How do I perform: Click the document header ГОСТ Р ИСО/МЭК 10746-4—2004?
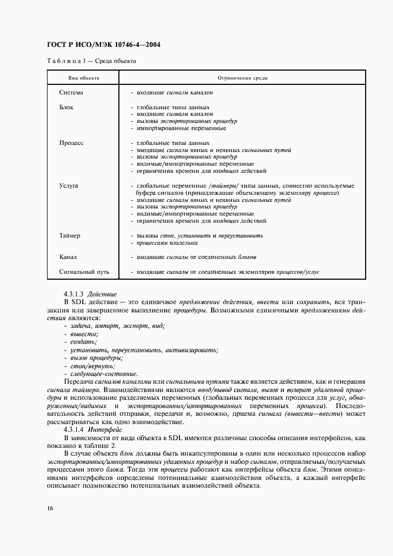coord(103,45)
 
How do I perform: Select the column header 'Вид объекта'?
coord(83,78)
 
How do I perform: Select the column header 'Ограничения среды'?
coord(242,78)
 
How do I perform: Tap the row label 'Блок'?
coord(66,108)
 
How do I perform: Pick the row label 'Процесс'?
coord(71,143)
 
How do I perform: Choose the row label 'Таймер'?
coord(70,236)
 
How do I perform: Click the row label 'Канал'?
coord(68,257)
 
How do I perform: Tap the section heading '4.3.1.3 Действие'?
coord(90,294)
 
